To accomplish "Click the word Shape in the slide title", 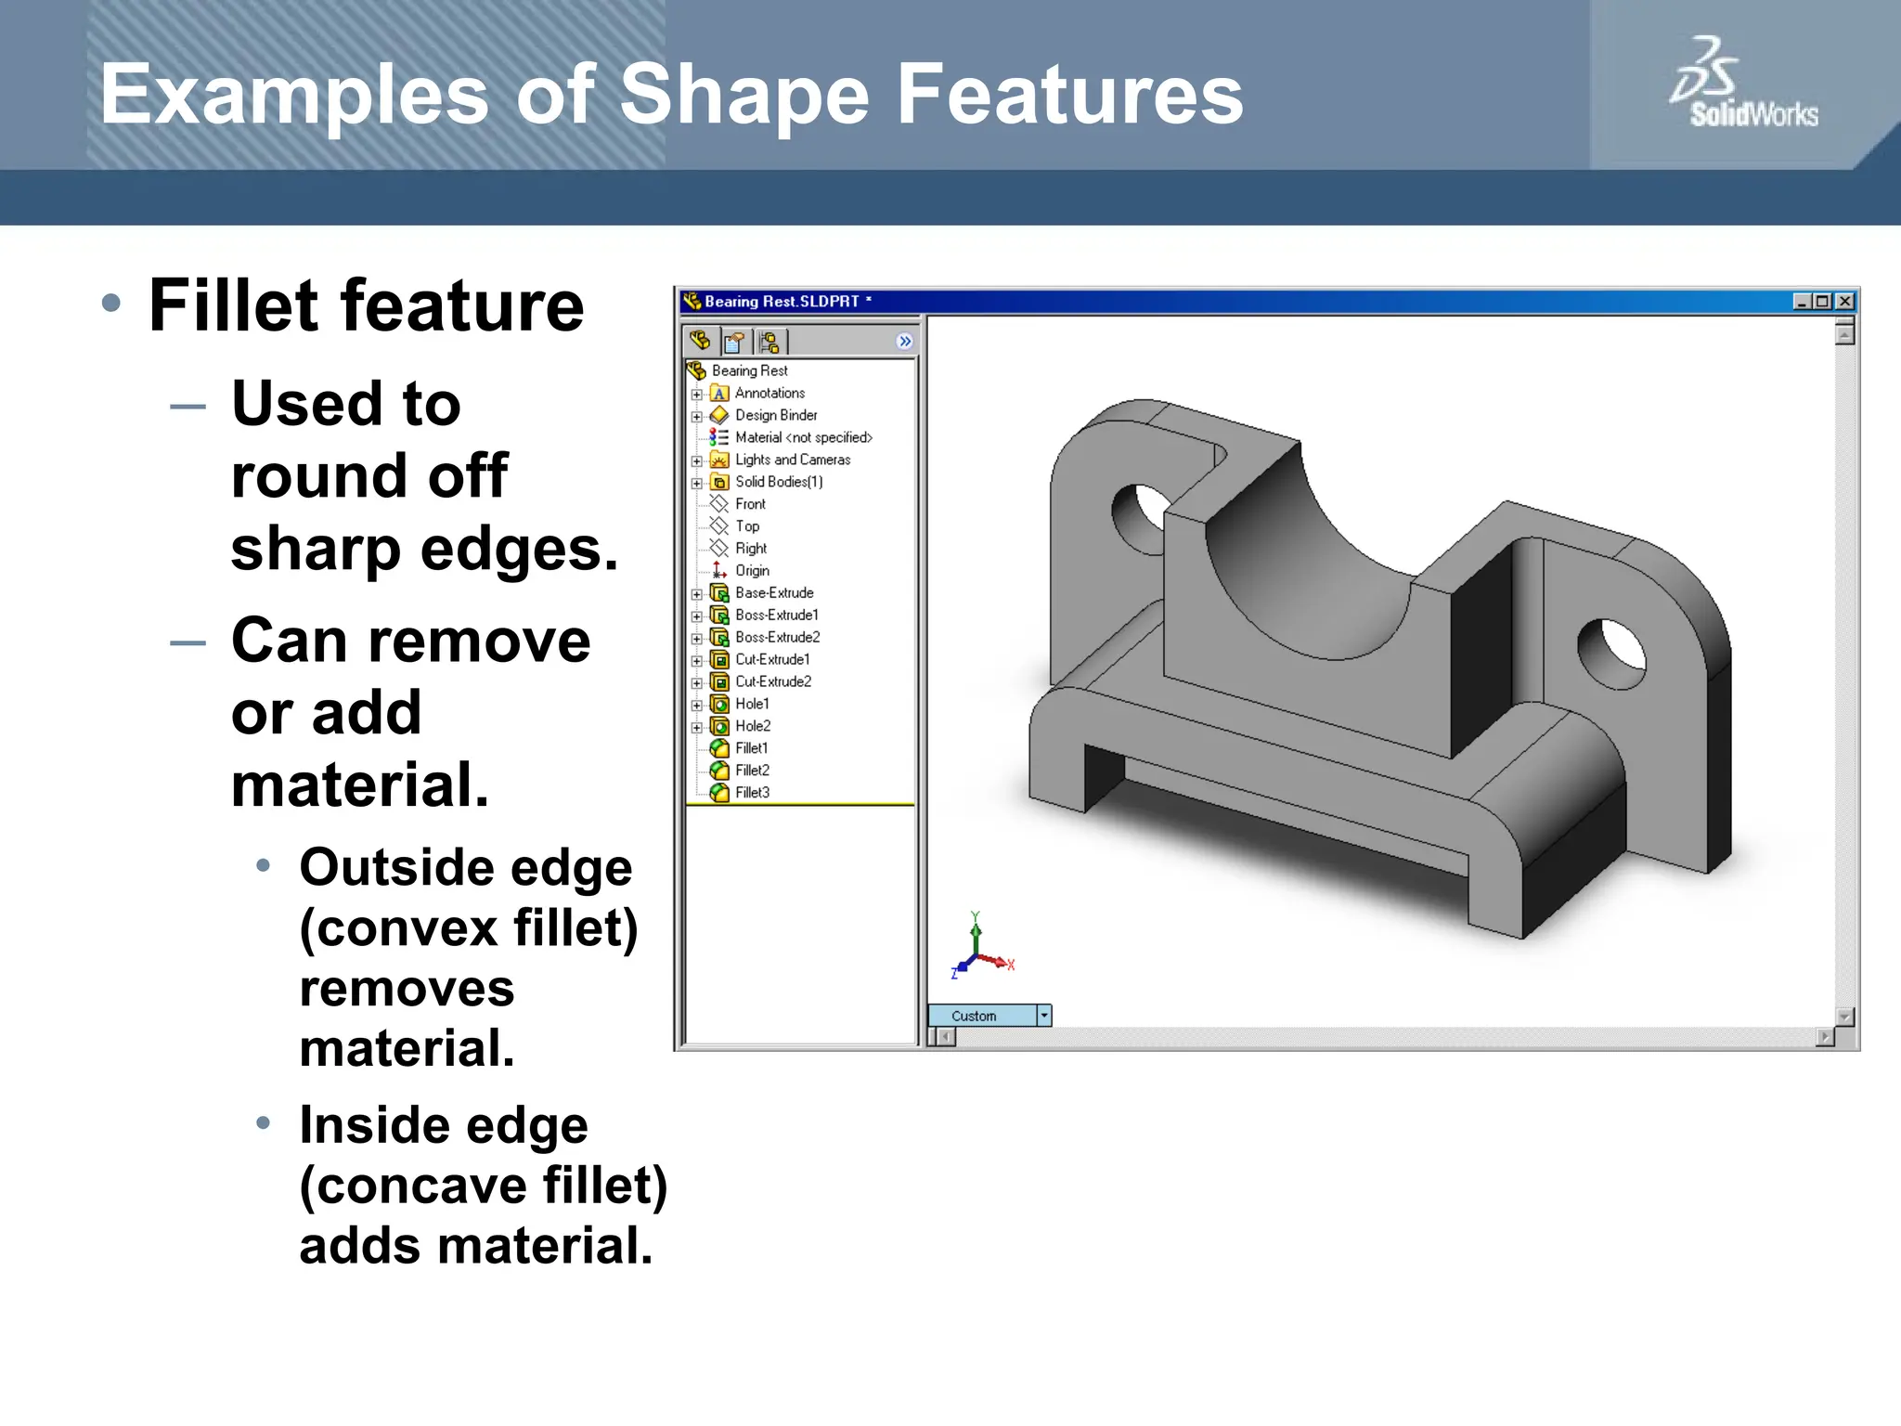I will [x=744, y=95].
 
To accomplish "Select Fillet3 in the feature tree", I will [x=752, y=793].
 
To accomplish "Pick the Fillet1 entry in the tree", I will [x=751, y=748].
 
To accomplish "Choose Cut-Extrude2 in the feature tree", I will [x=772, y=681].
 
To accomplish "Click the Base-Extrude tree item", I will [x=773, y=593].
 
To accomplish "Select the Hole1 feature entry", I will [x=752, y=704].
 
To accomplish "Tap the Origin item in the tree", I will [x=752, y=571].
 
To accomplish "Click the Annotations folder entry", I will [x=769, y=394].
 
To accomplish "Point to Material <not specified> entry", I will [x=803, y=437].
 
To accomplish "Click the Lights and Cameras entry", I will [x=792, y=460].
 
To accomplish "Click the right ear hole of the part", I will [x=1611, y=654].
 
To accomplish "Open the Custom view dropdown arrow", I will [x=1044, y=1016].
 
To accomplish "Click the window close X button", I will [x=1845, y=302].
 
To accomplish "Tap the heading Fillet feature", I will [x=366, y=306].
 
